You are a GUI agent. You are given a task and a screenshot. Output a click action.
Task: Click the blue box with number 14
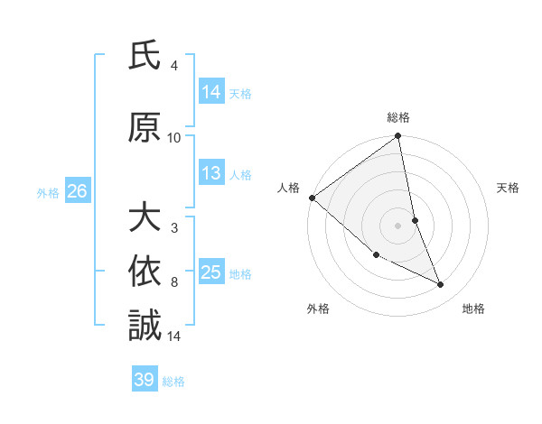[211, 92]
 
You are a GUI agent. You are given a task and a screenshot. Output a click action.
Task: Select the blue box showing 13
[211, 174]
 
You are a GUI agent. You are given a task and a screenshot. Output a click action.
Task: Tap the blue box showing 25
[211, 272]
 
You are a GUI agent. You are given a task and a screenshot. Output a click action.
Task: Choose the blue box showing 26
[77, 191]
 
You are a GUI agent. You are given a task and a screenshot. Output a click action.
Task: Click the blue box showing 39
[145, 380]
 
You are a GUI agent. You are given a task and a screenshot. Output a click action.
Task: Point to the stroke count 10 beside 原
[174, 137]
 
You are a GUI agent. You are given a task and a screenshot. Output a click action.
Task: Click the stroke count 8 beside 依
[174, 282]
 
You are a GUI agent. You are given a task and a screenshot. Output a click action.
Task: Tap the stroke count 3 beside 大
[174, 228]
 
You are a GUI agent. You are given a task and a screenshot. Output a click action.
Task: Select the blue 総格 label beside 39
[173, 382]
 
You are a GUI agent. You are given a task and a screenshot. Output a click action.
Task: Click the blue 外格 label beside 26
[48, 192]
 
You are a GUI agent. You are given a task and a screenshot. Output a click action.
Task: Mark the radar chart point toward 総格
[398, 136]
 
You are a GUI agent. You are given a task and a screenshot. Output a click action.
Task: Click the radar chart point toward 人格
[312, 198]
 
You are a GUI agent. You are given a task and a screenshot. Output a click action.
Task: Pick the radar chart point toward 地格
[441, 285]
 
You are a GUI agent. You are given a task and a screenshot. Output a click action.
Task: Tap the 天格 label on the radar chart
[509, 188]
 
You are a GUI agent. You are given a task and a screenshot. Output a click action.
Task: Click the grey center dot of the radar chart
[398, 225]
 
